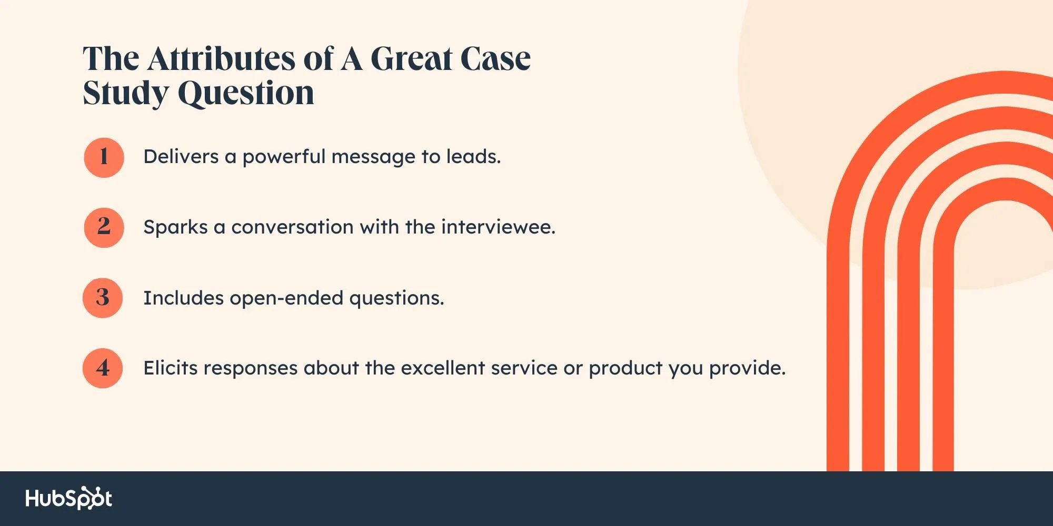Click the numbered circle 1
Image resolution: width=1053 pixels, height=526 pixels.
coord(104,157)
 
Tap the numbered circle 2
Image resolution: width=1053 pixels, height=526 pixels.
coord(104,228)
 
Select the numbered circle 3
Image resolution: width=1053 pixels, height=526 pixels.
coord(103,298)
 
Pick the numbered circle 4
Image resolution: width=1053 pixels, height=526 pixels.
coord(103,368)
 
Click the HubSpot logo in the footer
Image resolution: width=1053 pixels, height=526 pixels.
coord(69,498)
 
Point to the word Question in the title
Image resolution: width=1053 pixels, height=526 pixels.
coord(246,94)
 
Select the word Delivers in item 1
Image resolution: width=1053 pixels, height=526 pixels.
coord(181,156)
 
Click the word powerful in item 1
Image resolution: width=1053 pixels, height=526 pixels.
coord(284,157)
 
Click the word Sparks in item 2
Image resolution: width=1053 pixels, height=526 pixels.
coord(176,227)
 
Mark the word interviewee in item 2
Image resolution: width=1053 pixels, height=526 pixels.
coord(498,227)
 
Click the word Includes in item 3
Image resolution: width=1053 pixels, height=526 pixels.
coord(184,298)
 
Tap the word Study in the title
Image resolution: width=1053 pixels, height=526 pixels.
coord(125,94)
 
